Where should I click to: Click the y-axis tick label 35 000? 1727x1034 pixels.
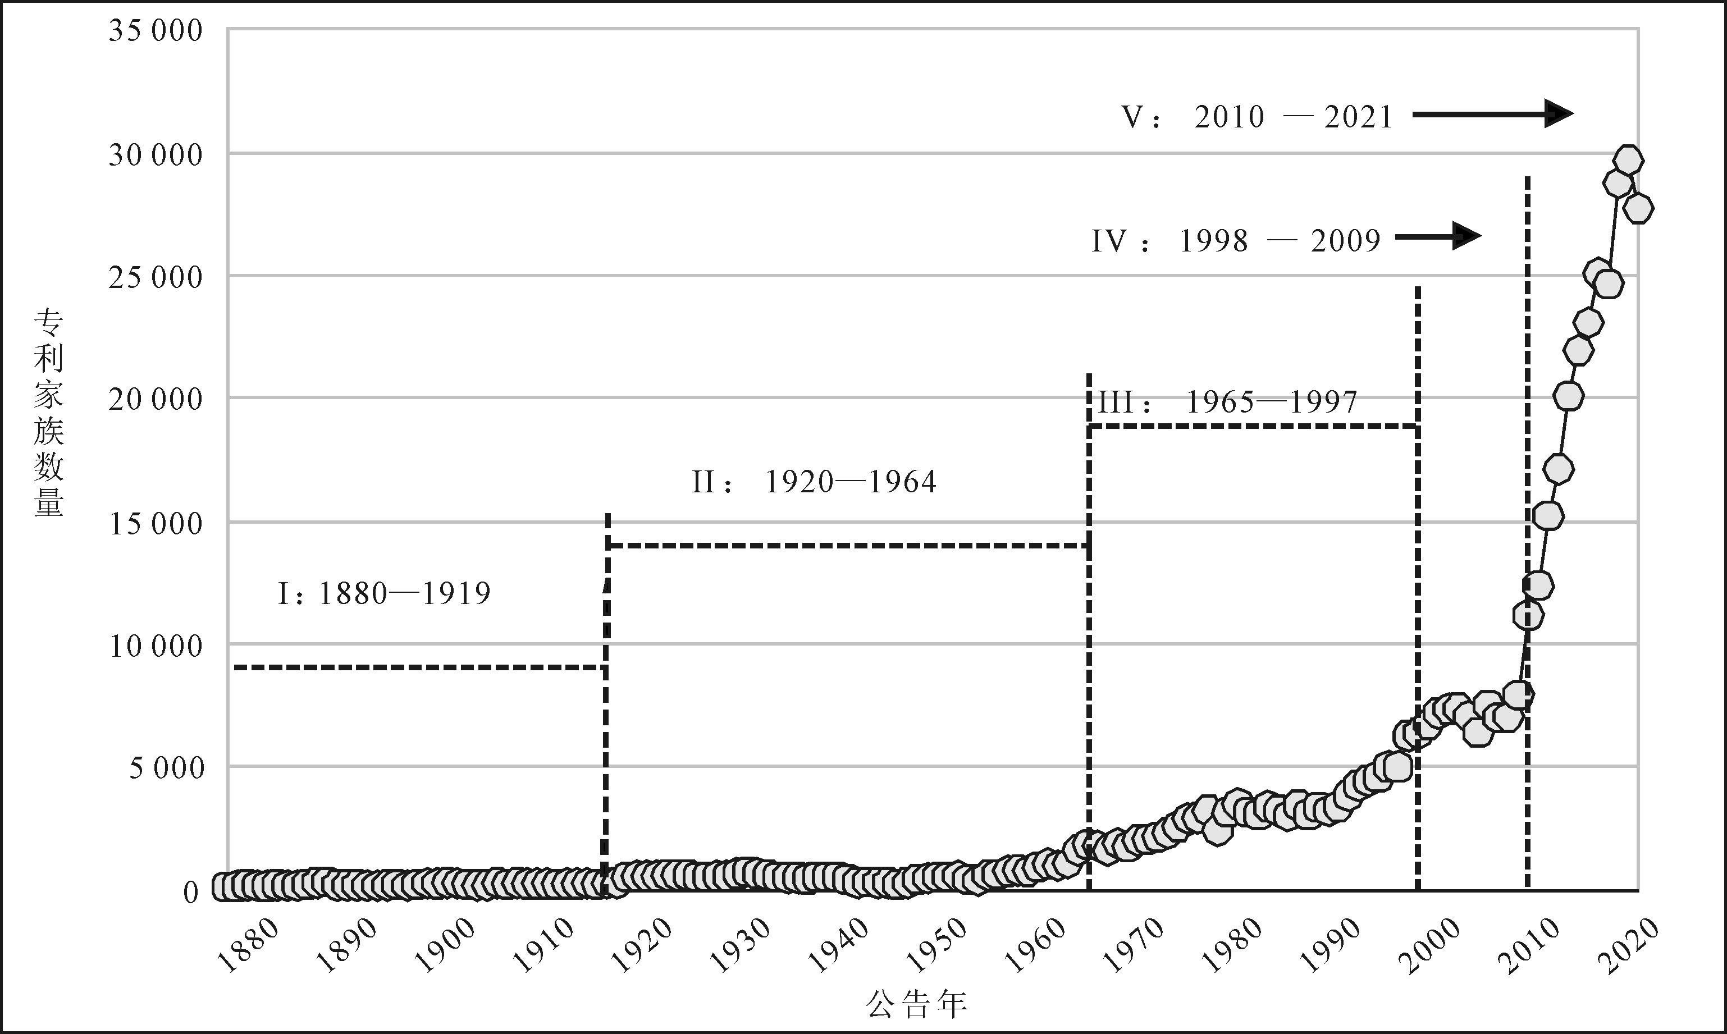(156, 31)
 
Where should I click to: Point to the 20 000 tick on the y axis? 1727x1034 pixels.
(156, 399)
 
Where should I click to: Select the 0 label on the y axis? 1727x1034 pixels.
(191, 892)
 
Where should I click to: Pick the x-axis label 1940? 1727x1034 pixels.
(839, 945)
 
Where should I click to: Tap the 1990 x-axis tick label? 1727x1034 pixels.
(1331, 945)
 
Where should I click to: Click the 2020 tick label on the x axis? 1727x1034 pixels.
(1627, 945)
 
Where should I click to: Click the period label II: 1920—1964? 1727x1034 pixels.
(814, 482)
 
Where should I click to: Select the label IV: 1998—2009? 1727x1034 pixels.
(1235, 241)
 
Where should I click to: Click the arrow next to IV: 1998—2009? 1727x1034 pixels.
(1438, 236)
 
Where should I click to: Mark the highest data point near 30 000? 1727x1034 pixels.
(1628, 160)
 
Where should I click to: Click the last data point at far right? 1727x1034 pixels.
(1638, 208)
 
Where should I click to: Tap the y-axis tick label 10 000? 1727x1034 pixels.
(156, 646)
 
